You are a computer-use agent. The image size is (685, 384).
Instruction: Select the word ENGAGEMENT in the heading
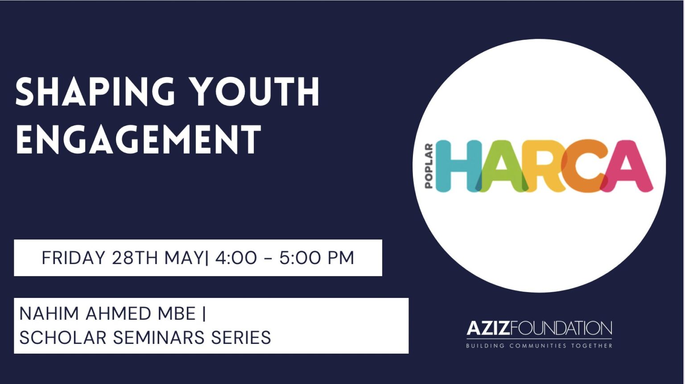point(138,139)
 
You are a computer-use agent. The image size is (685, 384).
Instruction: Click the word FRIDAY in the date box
point(74,258)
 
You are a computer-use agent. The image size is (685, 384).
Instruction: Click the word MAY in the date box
point(183,258)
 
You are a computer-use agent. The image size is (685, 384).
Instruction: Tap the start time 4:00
point(235,258)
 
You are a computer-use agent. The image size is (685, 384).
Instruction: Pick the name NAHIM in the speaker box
point(49,314)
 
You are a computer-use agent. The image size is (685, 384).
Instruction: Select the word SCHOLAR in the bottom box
point(62,338)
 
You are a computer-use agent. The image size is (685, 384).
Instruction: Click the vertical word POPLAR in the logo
point(429,166)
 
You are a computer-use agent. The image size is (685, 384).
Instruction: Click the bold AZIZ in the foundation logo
point(488,328)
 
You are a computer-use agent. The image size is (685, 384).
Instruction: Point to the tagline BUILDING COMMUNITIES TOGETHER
point(540,346)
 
